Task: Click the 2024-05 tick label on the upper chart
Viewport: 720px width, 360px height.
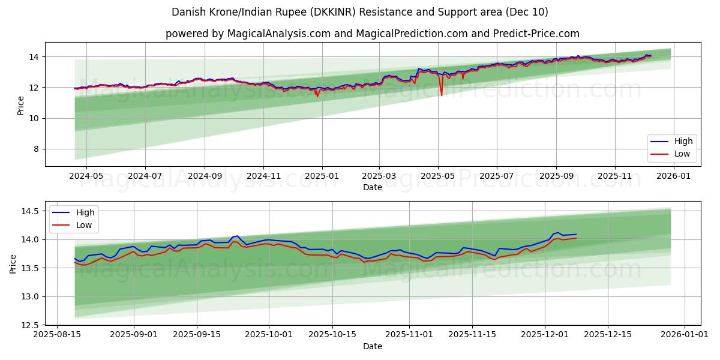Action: tap(86, 176)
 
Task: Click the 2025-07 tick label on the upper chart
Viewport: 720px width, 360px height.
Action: tap(496, 176)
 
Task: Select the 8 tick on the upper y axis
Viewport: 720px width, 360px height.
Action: tap(35, 149)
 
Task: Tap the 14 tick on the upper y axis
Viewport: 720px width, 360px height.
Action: tap(33, 57)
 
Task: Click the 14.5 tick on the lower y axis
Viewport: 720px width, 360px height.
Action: tap(29, 211)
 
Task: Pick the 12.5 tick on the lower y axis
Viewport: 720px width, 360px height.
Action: tap(29, 325)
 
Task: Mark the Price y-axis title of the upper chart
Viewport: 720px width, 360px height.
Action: tap(20, 106)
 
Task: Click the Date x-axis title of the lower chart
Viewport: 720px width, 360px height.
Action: tap(372, 346)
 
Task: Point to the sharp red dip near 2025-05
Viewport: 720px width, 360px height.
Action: tap(442, 95)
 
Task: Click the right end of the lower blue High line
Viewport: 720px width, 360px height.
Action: tap(576, 234)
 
